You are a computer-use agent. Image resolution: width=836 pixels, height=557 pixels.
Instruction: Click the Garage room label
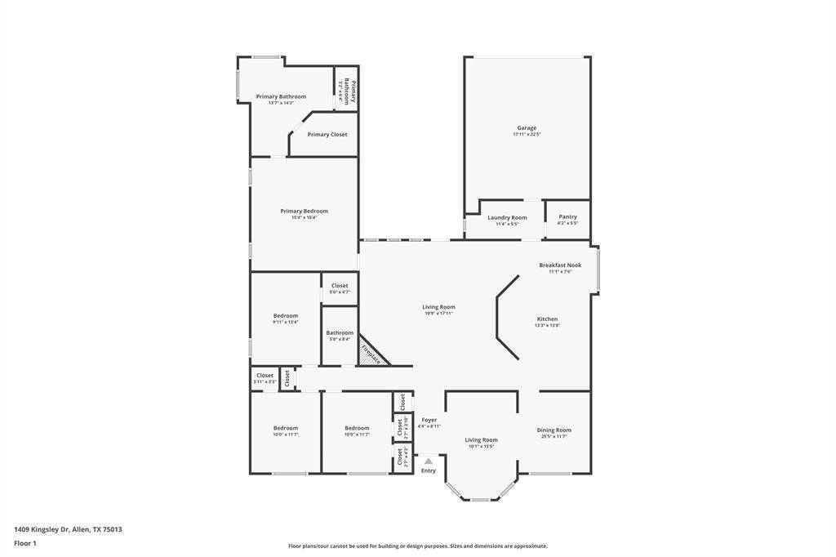[x=527, y=128]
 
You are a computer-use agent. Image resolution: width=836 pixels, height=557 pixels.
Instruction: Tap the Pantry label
[x=567, y=217]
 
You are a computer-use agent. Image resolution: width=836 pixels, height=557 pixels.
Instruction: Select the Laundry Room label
[x=507, y=218]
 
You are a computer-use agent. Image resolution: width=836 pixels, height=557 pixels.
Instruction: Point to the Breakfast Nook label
[x=560, y=265]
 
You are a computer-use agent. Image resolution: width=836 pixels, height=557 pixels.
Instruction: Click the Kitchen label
[x=547, y=319]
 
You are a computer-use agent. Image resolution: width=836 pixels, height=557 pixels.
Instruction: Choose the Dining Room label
[x=554, y=430]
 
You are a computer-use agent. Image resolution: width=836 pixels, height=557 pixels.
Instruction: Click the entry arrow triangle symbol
[x=428, y=461]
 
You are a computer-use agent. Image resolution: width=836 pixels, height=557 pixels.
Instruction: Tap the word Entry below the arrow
[x=428, y=470]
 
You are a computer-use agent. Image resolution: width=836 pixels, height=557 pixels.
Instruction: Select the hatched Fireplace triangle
[x=369, y=354]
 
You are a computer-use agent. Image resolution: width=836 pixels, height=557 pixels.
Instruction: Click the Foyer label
[x=429, y=421]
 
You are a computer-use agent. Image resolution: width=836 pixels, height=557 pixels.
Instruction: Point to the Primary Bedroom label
[x=304, y=212]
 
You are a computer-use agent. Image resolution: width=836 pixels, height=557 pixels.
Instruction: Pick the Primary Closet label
[x=327, y=135]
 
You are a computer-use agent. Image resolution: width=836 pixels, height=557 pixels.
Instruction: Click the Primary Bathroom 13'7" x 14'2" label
[x=281, y=97]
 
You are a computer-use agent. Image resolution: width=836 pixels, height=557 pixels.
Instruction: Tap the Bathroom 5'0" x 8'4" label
[x=340, y=333]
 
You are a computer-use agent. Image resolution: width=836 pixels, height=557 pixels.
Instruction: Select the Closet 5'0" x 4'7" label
[x=340, y=287]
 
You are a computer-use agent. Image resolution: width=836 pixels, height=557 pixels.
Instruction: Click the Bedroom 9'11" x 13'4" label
[x=285, y=316]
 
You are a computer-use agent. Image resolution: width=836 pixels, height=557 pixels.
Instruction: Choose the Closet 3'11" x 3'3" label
[x=265, y=377]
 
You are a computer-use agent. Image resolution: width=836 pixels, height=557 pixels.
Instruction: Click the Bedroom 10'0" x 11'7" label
[x=285, y=429]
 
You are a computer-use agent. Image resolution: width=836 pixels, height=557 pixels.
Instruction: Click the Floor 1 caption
[x=25, y=543]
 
